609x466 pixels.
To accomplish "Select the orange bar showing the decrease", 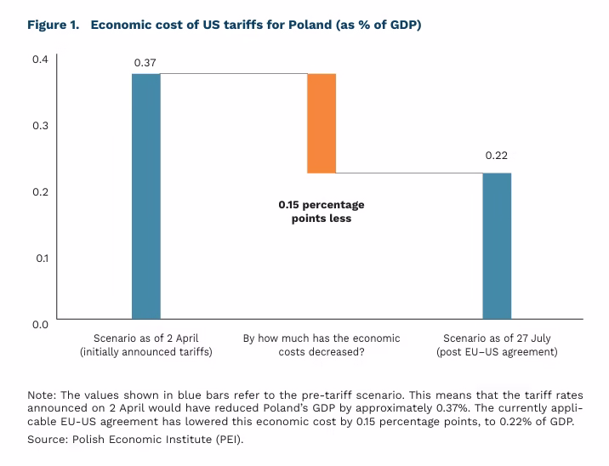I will point(322,123).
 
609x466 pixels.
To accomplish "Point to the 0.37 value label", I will point(146,63).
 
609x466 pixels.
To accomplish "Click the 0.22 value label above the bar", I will point(498,156).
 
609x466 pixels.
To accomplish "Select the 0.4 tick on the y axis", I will point(40,59).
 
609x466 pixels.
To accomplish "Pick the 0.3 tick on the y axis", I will point(40,125).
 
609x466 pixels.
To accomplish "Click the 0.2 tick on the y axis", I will point(40,191).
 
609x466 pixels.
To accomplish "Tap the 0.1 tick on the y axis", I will point(40,258).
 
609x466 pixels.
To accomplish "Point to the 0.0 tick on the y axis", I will point(40,324).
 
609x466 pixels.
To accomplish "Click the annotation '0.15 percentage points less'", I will point(321,212).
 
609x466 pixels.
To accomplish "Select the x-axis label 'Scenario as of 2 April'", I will point(145,338).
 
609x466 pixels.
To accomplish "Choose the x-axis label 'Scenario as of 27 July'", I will point(497,338).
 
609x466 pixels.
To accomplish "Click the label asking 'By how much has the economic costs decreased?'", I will point(322,344).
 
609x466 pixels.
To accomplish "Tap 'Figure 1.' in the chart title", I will point(53,24).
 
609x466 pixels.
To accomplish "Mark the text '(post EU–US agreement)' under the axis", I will point(497,351).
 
